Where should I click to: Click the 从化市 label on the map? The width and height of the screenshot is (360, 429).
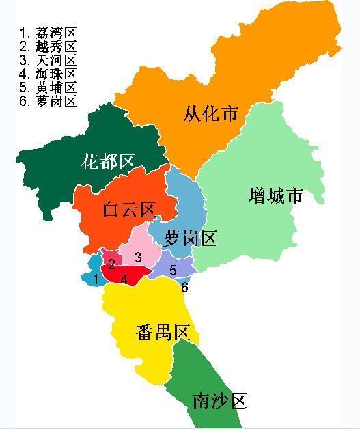tap(211, 113)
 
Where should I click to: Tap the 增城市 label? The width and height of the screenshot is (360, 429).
tap(275, 196)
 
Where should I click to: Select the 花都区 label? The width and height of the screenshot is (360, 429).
tap(107, 161)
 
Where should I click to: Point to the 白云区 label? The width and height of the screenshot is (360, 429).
tap(129, 209)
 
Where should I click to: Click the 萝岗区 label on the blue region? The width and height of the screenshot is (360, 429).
tap(191, 238)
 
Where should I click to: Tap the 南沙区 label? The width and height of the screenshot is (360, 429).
tap(219, 401)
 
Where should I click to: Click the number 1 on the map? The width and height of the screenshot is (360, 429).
tap(96, 279)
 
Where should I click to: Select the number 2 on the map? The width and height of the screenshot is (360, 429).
tap(111, 264)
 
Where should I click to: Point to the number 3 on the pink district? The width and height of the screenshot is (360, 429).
tap(138, 257)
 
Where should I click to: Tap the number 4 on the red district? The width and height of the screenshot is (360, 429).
tap(124, 279)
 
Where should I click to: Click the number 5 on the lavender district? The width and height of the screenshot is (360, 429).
tap(173, 271)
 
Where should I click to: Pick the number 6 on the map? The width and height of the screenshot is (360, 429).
tap(184, 288)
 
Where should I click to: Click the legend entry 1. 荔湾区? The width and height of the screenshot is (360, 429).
tap(48, 33)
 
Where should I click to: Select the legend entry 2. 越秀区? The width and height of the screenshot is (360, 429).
tap(48, 46)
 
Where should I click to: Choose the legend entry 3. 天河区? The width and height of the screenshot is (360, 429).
tap(48, 60)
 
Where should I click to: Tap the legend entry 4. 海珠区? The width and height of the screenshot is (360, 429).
tap(48, 74)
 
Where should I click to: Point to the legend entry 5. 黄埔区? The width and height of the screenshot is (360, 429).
tap(48, 87)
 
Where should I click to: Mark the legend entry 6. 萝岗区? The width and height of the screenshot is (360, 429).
tap(48, 101)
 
